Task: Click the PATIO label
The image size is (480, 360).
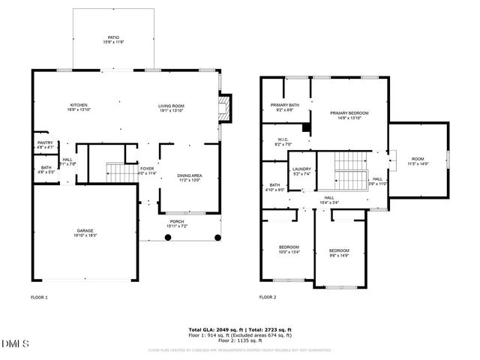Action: point(113,37)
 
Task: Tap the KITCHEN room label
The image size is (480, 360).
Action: point(79,105)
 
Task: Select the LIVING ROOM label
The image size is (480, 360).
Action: point(171,106)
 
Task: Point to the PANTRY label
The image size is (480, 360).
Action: point(45,142)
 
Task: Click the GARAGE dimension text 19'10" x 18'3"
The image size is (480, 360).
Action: point(85,235)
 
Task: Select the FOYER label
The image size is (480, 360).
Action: point(147,169)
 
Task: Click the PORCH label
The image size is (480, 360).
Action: point(176,221)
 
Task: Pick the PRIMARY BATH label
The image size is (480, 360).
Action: point(285,105)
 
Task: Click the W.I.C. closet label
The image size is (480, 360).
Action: point(283,139)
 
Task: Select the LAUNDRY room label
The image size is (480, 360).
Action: point(301,169)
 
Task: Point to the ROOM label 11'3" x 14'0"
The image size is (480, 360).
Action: point(417,159)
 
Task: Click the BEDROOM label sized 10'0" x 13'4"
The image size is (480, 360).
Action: point(289,247)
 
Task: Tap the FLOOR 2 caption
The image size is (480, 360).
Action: point(268,298)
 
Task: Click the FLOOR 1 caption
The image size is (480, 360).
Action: point(39,298)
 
